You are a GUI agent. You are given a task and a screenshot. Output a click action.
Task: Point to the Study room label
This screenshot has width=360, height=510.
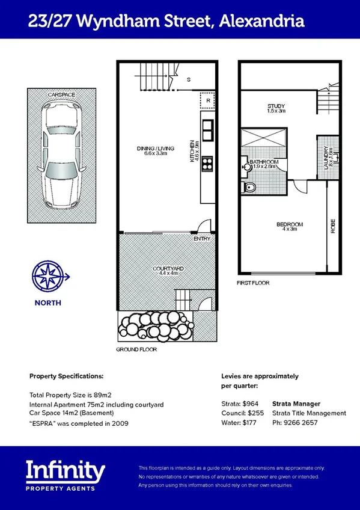[276, 108]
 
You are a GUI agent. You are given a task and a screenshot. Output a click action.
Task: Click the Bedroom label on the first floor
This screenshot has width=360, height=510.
[289, 227]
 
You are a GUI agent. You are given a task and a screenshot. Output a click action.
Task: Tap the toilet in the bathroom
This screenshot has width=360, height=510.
[249, 188]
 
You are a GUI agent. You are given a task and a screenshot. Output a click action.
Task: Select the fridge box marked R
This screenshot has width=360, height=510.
[207, 101]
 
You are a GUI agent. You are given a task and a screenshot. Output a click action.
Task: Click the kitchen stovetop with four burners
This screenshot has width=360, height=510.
[207, 163]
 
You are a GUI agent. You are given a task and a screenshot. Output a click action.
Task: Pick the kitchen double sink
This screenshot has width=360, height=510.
[207, 129]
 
